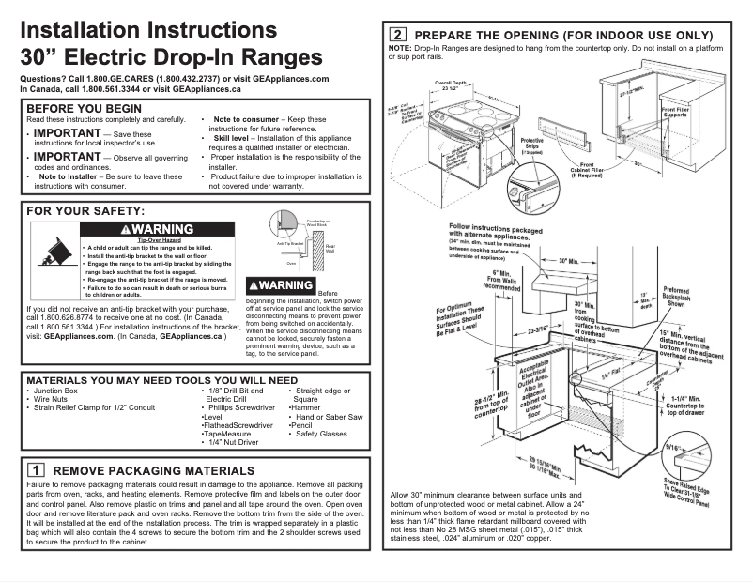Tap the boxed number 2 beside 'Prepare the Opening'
(397, 36)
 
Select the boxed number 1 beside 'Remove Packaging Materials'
(35, 468)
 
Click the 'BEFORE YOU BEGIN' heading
(85, 109)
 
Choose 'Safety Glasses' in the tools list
(320, 434)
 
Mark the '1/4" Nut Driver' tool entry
(232, 443)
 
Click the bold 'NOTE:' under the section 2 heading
(399, 48)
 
